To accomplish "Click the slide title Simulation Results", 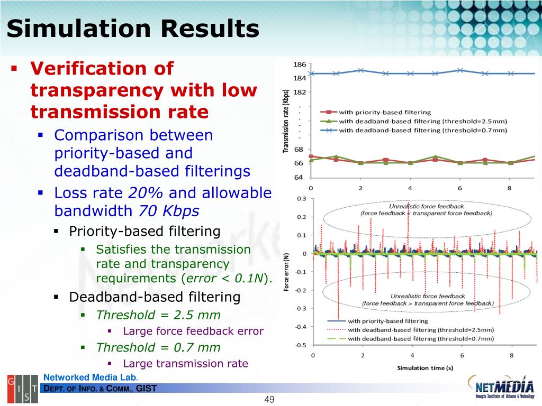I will click(x=133, y=29).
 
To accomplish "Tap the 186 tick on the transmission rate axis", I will click(x=299, y=64).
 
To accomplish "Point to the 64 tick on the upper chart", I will click(x=299, y=177).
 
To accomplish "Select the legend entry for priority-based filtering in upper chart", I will click(x=384, y=112).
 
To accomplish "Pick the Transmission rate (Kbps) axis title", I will click(x=286, y=121).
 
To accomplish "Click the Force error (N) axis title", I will click(x=286, y=270).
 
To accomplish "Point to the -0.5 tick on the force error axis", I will click(x=300, y=345).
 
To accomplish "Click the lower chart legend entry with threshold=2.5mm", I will click(x=420, y=329).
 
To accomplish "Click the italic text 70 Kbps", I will click(x=169, y=211).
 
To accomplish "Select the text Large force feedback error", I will click(x=193, y=331).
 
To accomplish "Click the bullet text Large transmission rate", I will click(x=185, y=364).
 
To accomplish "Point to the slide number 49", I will click(x=269, y=399).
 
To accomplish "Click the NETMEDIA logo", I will click(x=500, y=387).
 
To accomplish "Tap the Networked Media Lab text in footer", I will click(x=91, y=377).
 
